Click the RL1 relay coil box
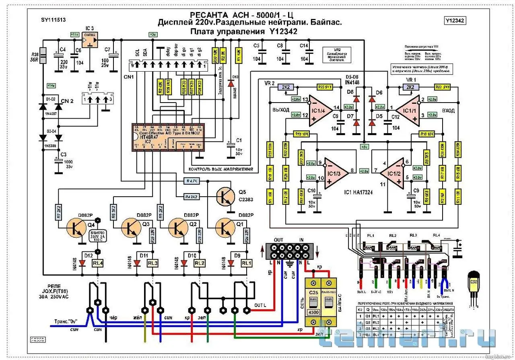point(246,263)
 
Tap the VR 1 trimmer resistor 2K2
point(410,87)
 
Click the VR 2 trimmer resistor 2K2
point(288,87)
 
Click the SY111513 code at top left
point(54,20)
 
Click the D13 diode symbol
point(231,83)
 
